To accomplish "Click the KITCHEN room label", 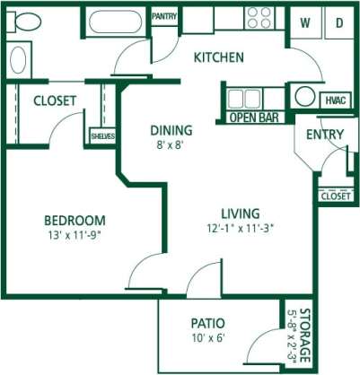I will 219,57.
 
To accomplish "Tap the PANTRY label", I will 164,16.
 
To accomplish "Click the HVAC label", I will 335,100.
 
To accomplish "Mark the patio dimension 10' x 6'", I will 207,338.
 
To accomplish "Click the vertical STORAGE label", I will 303,336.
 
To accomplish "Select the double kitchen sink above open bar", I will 242,97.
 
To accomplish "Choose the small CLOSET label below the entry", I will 335,195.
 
